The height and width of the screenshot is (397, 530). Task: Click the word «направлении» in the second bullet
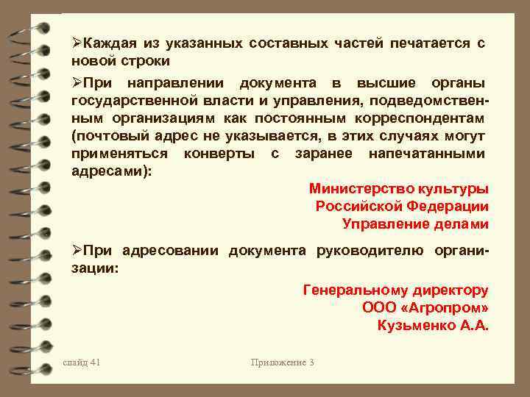(x=170, y=82)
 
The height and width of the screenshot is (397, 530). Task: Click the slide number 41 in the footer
(x=82, y=362)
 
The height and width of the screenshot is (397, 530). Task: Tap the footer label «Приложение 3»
(x=282, y=362)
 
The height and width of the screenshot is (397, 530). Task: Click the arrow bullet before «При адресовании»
(x=77, y=251)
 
